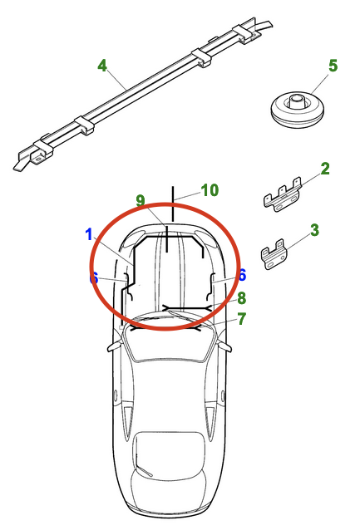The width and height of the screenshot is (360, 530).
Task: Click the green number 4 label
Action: (x=102, y=66)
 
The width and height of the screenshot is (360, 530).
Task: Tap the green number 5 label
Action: (x=333, y=66)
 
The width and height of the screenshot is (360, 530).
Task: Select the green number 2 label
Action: (x=325, y=169)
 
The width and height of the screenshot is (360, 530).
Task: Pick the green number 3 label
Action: (x=314, y=230)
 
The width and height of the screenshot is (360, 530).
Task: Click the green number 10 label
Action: (x=210, y=190)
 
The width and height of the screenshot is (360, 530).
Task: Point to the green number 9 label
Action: (x=141, y=201)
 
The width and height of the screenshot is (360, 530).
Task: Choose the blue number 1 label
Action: (x=89, y=234)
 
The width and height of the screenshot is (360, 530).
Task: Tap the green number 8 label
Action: (x=242, y=298)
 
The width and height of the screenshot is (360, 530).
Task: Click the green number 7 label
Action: (x=242, y=319)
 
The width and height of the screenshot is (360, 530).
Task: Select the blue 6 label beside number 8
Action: (x=242, y=275)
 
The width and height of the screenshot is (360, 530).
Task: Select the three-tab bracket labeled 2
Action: (x=283, y=195)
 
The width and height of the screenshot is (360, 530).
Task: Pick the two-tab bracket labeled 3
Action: (x=274, y=254)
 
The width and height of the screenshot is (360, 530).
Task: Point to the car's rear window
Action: (x=169, y=455)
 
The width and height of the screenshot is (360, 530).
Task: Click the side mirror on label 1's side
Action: (x=115, y=346)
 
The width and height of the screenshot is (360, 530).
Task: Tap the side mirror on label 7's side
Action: (x=225, y=346)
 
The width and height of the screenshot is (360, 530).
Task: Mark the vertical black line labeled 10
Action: (x=173, y=204)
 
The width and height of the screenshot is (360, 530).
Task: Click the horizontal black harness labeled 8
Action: (x=187, y=308)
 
